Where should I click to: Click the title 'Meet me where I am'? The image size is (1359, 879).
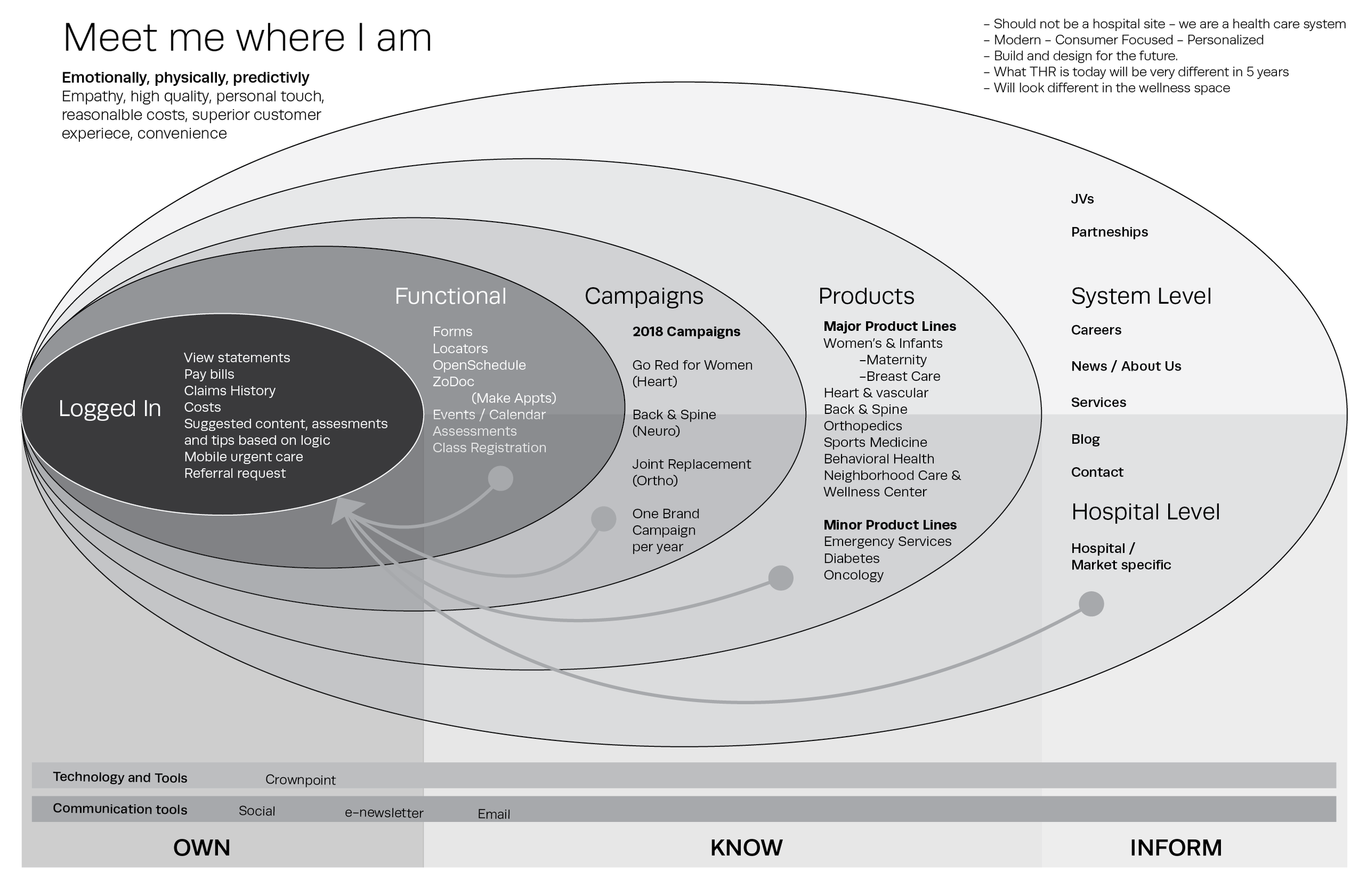tap(247, 37)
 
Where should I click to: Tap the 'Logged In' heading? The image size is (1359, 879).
tap(110, 409)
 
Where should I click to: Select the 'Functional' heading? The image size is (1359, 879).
tap(451, 296)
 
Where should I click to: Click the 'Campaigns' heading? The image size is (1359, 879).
tap(644, 296)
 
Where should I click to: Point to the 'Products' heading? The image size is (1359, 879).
tap(866, 296)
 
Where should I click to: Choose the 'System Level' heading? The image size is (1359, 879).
tap(1141, 296)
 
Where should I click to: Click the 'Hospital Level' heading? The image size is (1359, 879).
tap(1145, 512)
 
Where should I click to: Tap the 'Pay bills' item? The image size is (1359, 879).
tap(209, 374)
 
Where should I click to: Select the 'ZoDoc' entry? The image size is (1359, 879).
tap(453, 382)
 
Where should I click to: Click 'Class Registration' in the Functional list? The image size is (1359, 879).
tap(489, 448)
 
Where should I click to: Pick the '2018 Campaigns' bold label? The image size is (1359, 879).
tap(687, 331)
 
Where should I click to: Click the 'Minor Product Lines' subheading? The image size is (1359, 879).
tap(890, 525)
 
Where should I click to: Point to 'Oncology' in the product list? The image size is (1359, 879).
tap(853, 575)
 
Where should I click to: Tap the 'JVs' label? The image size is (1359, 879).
tap(1082, 199)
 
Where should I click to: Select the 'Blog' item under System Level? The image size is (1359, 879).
tap(1085, 439)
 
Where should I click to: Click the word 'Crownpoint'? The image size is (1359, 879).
tap(301, 780)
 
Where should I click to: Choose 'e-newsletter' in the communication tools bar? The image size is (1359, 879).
tap(384, 813)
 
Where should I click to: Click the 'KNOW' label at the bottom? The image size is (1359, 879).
tap(746, 848)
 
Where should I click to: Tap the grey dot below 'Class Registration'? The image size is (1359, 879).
tap(501, 478)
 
